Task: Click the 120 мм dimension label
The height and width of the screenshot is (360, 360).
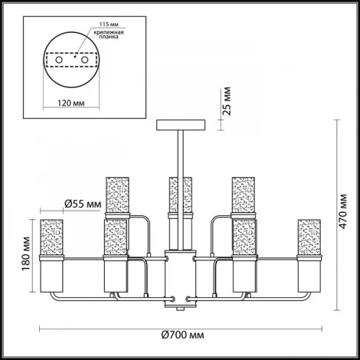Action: (71, 103)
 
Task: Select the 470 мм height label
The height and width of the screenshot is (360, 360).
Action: (343, 211)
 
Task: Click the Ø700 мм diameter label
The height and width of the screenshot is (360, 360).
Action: (182, 335)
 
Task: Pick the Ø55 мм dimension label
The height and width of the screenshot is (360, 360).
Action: (83, 204)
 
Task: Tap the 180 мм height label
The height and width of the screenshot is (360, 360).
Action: (26, 254)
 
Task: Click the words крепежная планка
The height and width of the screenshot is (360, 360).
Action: (109, 34)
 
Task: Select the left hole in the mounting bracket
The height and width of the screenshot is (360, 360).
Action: (59, 61)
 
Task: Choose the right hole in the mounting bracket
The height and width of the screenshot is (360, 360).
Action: (85, 61)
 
